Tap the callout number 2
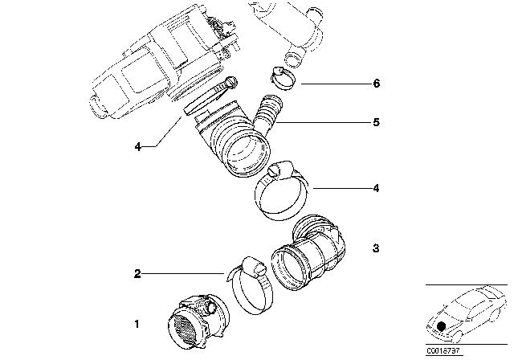click(x=137, y=274)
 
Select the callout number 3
click(x=376, y=249)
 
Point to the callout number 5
click(x=376, y=123)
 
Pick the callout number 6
click(x=376, y=84)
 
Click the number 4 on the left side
click(x=137, y=147)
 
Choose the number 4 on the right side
click(x=376, y=189)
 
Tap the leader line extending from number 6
click(x=329, y=84)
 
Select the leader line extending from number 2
click(x=185, y=274)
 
